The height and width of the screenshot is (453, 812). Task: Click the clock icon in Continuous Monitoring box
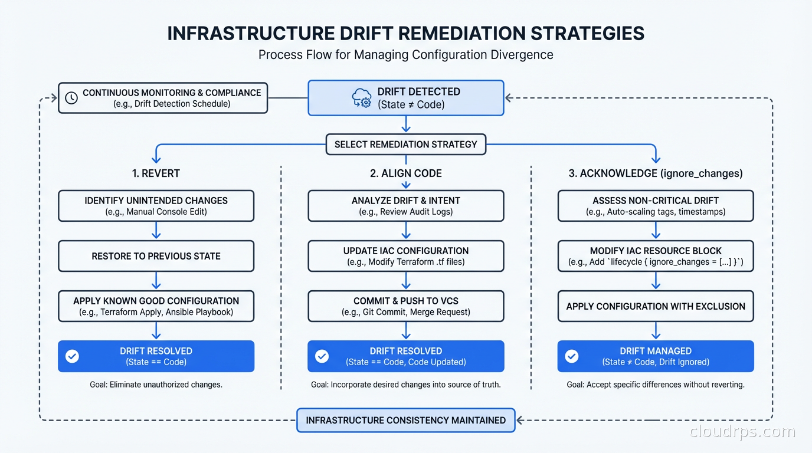71,98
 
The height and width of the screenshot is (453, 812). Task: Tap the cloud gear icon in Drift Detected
361,98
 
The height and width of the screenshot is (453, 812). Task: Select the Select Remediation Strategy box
405,144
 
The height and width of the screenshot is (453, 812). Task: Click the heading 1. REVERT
156,173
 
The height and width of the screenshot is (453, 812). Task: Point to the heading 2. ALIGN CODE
405,173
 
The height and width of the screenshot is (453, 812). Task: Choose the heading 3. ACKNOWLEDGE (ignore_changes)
655,173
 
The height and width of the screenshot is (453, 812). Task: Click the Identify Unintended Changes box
156,206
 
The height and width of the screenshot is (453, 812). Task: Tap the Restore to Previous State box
156,256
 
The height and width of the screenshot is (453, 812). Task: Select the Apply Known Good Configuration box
156,306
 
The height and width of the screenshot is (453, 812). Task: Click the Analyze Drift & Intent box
405,206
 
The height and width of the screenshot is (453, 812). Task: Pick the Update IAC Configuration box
405,256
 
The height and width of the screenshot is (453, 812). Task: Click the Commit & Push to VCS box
405,306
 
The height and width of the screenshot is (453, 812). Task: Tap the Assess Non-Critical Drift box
655,206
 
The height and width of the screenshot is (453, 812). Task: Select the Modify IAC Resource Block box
655,256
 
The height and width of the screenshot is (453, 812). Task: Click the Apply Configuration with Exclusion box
655,306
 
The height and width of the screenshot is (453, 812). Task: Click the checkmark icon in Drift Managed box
571,356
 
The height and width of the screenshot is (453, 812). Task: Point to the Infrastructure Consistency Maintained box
405,420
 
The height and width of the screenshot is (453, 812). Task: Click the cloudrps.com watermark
742,432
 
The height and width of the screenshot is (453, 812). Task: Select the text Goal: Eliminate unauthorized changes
156,385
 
